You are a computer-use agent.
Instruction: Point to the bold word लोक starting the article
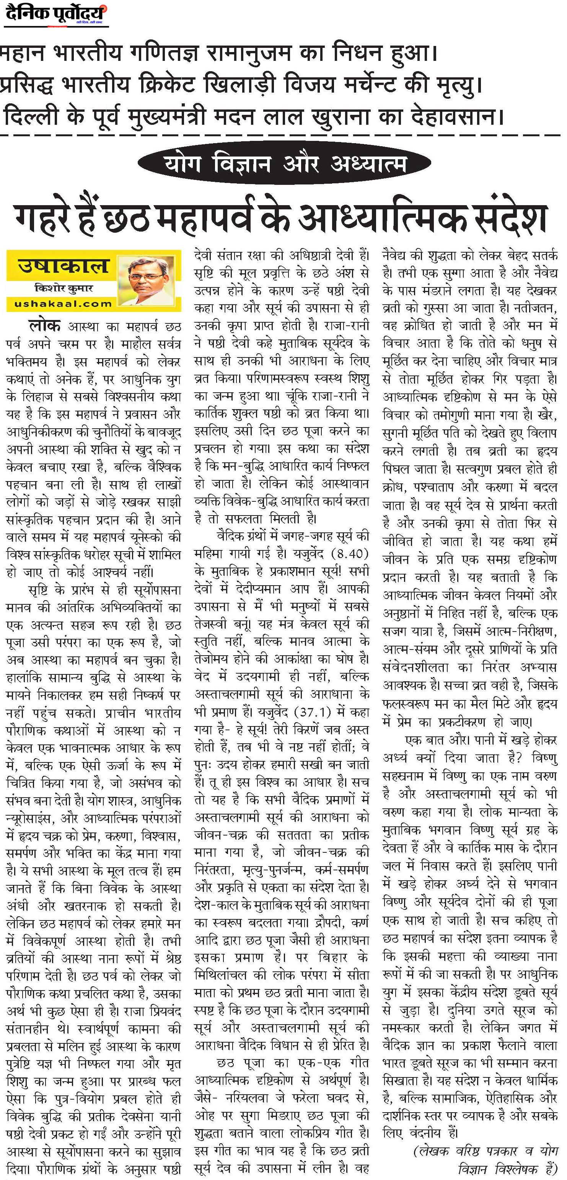[44, 326]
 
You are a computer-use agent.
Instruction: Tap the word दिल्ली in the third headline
[30, 116]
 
